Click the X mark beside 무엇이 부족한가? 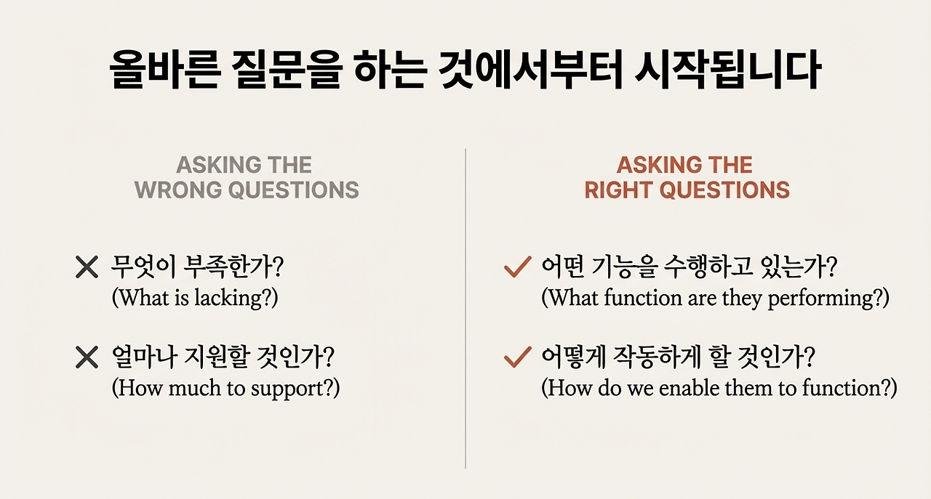tap(87, 269)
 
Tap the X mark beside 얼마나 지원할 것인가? tap(87, 357)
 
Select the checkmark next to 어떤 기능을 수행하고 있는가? tap(516, 269)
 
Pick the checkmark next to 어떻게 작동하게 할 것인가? tap(516, 357)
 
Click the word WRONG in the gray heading tap(178, 190)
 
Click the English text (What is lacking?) tap(194, 298)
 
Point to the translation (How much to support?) tap(225, 387)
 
